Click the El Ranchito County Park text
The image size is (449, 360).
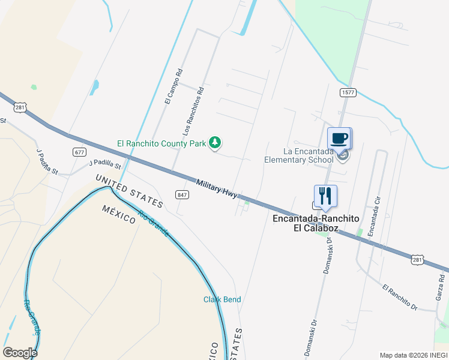point(161,144)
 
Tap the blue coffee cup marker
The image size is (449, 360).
point(339,139)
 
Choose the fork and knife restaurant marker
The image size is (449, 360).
point(325,196)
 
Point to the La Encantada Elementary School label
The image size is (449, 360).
point(299,156)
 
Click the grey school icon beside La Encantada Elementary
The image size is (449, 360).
point(343,157)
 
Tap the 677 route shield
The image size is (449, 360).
point(80,152)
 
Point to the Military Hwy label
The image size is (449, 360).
point(217,188)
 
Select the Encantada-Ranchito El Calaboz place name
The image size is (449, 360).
point(306,224)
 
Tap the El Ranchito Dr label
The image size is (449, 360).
point(400,298)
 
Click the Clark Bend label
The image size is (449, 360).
point(221,299)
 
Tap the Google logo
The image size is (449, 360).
point(20,352)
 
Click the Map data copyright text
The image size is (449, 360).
point(414,355)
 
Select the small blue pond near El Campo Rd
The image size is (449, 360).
point(94,88)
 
